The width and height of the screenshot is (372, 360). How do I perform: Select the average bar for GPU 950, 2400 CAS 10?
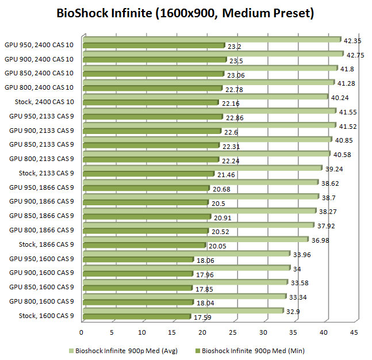click(212, 39)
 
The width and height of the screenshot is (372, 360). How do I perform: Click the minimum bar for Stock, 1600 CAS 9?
click(137, 316)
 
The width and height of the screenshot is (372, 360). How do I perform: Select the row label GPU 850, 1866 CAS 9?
click(41, 216)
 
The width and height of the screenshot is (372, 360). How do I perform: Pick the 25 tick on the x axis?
click(233, 332)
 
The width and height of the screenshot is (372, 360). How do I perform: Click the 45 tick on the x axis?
click(354, 332)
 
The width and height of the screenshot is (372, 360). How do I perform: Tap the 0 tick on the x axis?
click(82, 332)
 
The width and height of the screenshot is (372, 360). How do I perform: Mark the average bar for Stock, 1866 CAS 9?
click(195, 239)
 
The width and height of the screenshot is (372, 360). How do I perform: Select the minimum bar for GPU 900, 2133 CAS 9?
click(152, 131)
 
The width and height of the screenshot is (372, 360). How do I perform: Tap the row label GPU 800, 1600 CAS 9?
click(41, 301)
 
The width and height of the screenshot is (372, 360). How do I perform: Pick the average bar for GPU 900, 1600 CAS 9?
click(185, 267)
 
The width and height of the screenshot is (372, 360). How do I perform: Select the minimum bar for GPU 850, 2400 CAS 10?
click(153, 74)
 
